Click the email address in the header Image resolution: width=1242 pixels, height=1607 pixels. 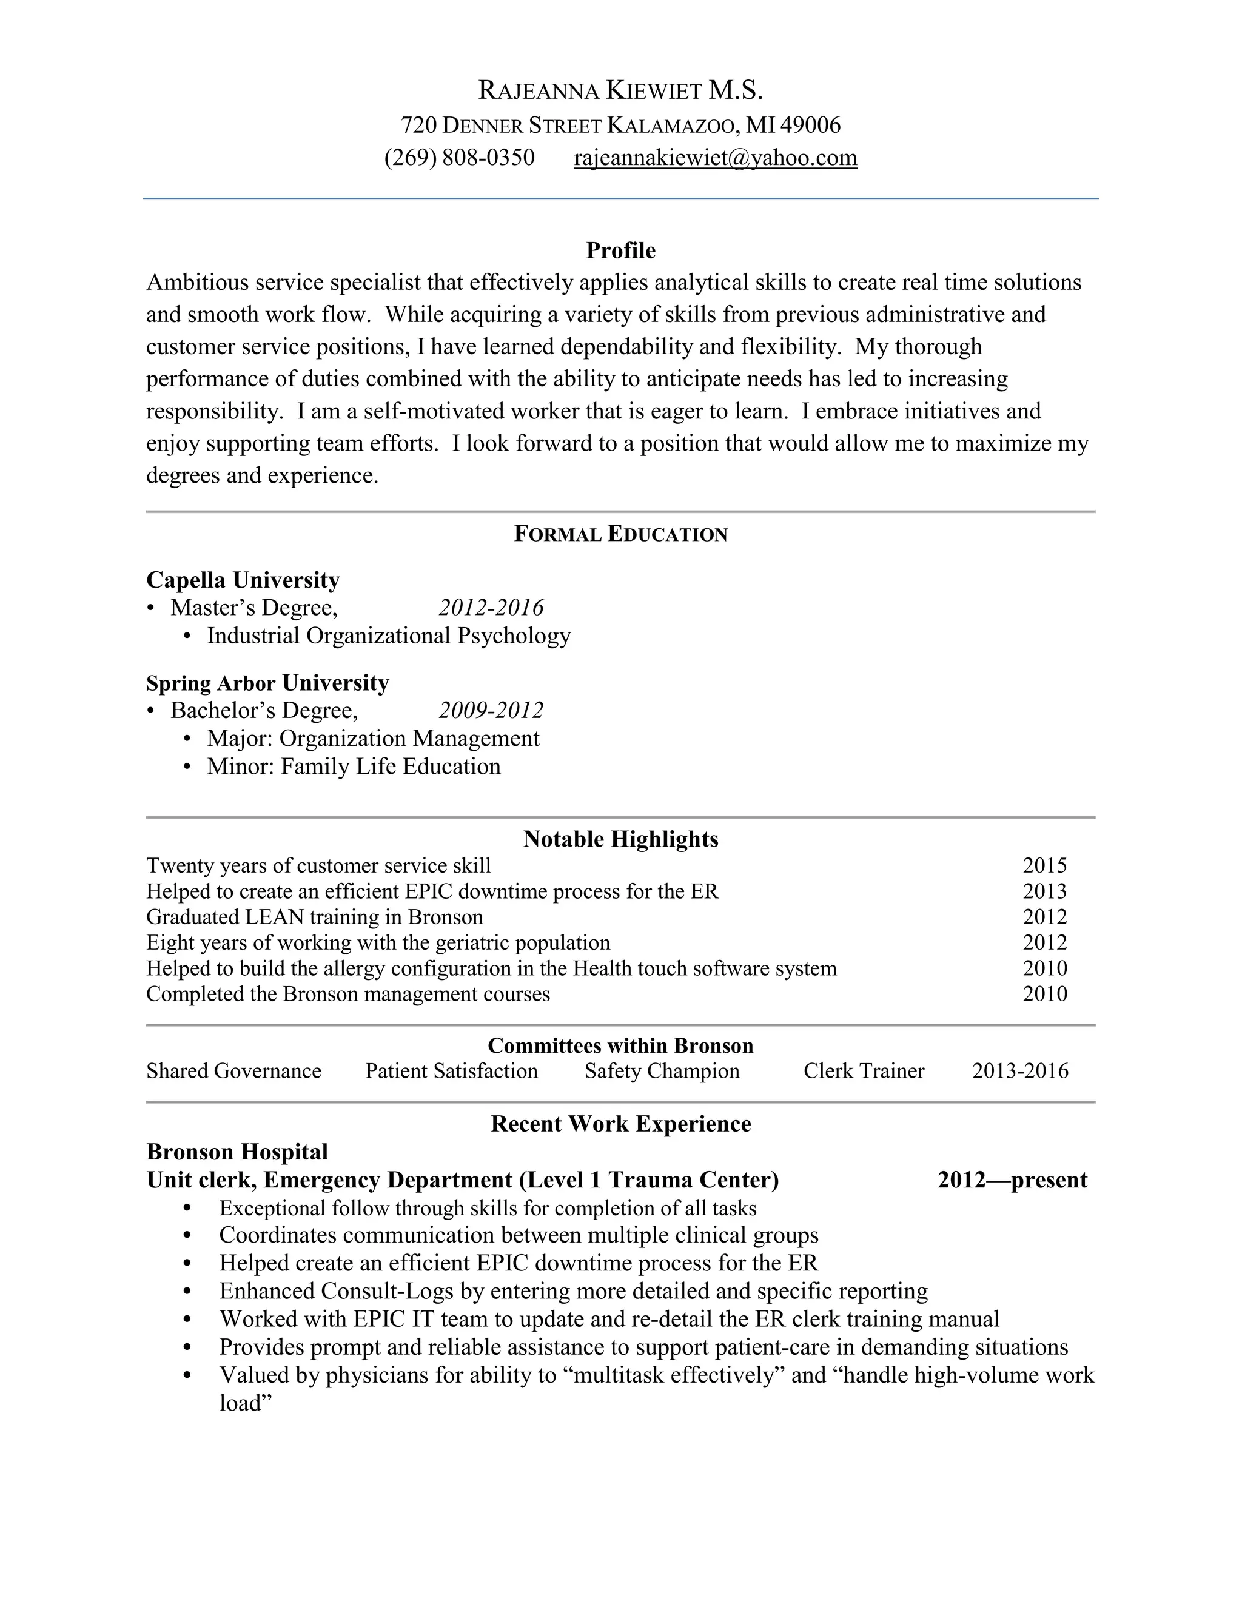point(715,158)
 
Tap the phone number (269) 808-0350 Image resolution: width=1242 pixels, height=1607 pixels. point(459,158)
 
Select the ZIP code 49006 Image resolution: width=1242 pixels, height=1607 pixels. point(810,125)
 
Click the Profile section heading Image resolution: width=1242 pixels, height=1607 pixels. point(620,251)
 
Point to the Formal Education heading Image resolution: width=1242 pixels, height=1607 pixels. point(620,534)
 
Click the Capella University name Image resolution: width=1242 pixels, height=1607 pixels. point(243,580)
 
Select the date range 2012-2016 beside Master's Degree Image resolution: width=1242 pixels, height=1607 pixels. point(491,608)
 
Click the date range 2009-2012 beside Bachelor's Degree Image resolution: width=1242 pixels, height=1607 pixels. point(491,710)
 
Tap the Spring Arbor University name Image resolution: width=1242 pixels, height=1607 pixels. point(267,683)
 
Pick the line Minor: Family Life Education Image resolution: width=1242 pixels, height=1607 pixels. point(353,767)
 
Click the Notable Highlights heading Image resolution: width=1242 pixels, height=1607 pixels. point(620,839)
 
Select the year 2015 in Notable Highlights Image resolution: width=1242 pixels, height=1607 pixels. point(1044,865)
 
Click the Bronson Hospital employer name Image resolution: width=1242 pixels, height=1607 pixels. point(237,1152)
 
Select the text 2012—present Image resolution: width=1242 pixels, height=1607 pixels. point(1012,1180)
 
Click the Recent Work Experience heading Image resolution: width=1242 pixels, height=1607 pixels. point(620,1124)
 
